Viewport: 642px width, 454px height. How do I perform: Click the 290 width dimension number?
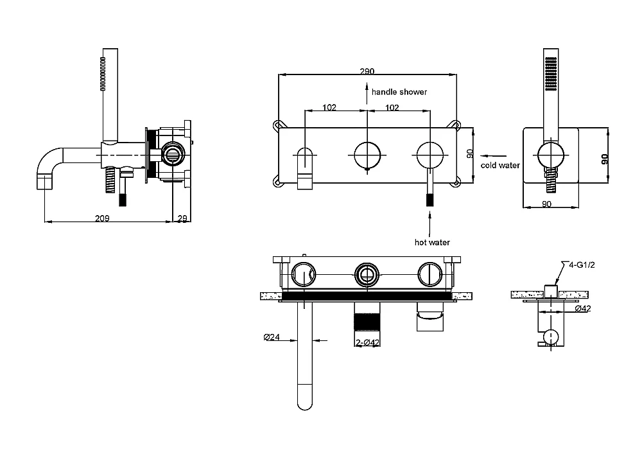[x=367, y=71]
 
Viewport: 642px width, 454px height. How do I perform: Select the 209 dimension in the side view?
[x=101, y=218]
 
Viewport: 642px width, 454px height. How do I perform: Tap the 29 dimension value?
[x=182, y=218]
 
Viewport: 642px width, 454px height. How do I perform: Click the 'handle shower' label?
[x=399, y=92]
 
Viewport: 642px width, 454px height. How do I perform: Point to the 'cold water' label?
[x=500, y=166]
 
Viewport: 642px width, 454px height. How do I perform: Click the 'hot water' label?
[x=431, y=243]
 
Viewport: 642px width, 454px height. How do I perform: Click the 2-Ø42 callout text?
[x=369, y=343]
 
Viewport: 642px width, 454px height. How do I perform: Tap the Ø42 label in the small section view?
[x=583, y=309]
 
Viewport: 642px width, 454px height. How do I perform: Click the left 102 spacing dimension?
[x=328, y=108]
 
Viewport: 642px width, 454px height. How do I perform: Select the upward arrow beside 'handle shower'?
[x=367, y=92]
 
